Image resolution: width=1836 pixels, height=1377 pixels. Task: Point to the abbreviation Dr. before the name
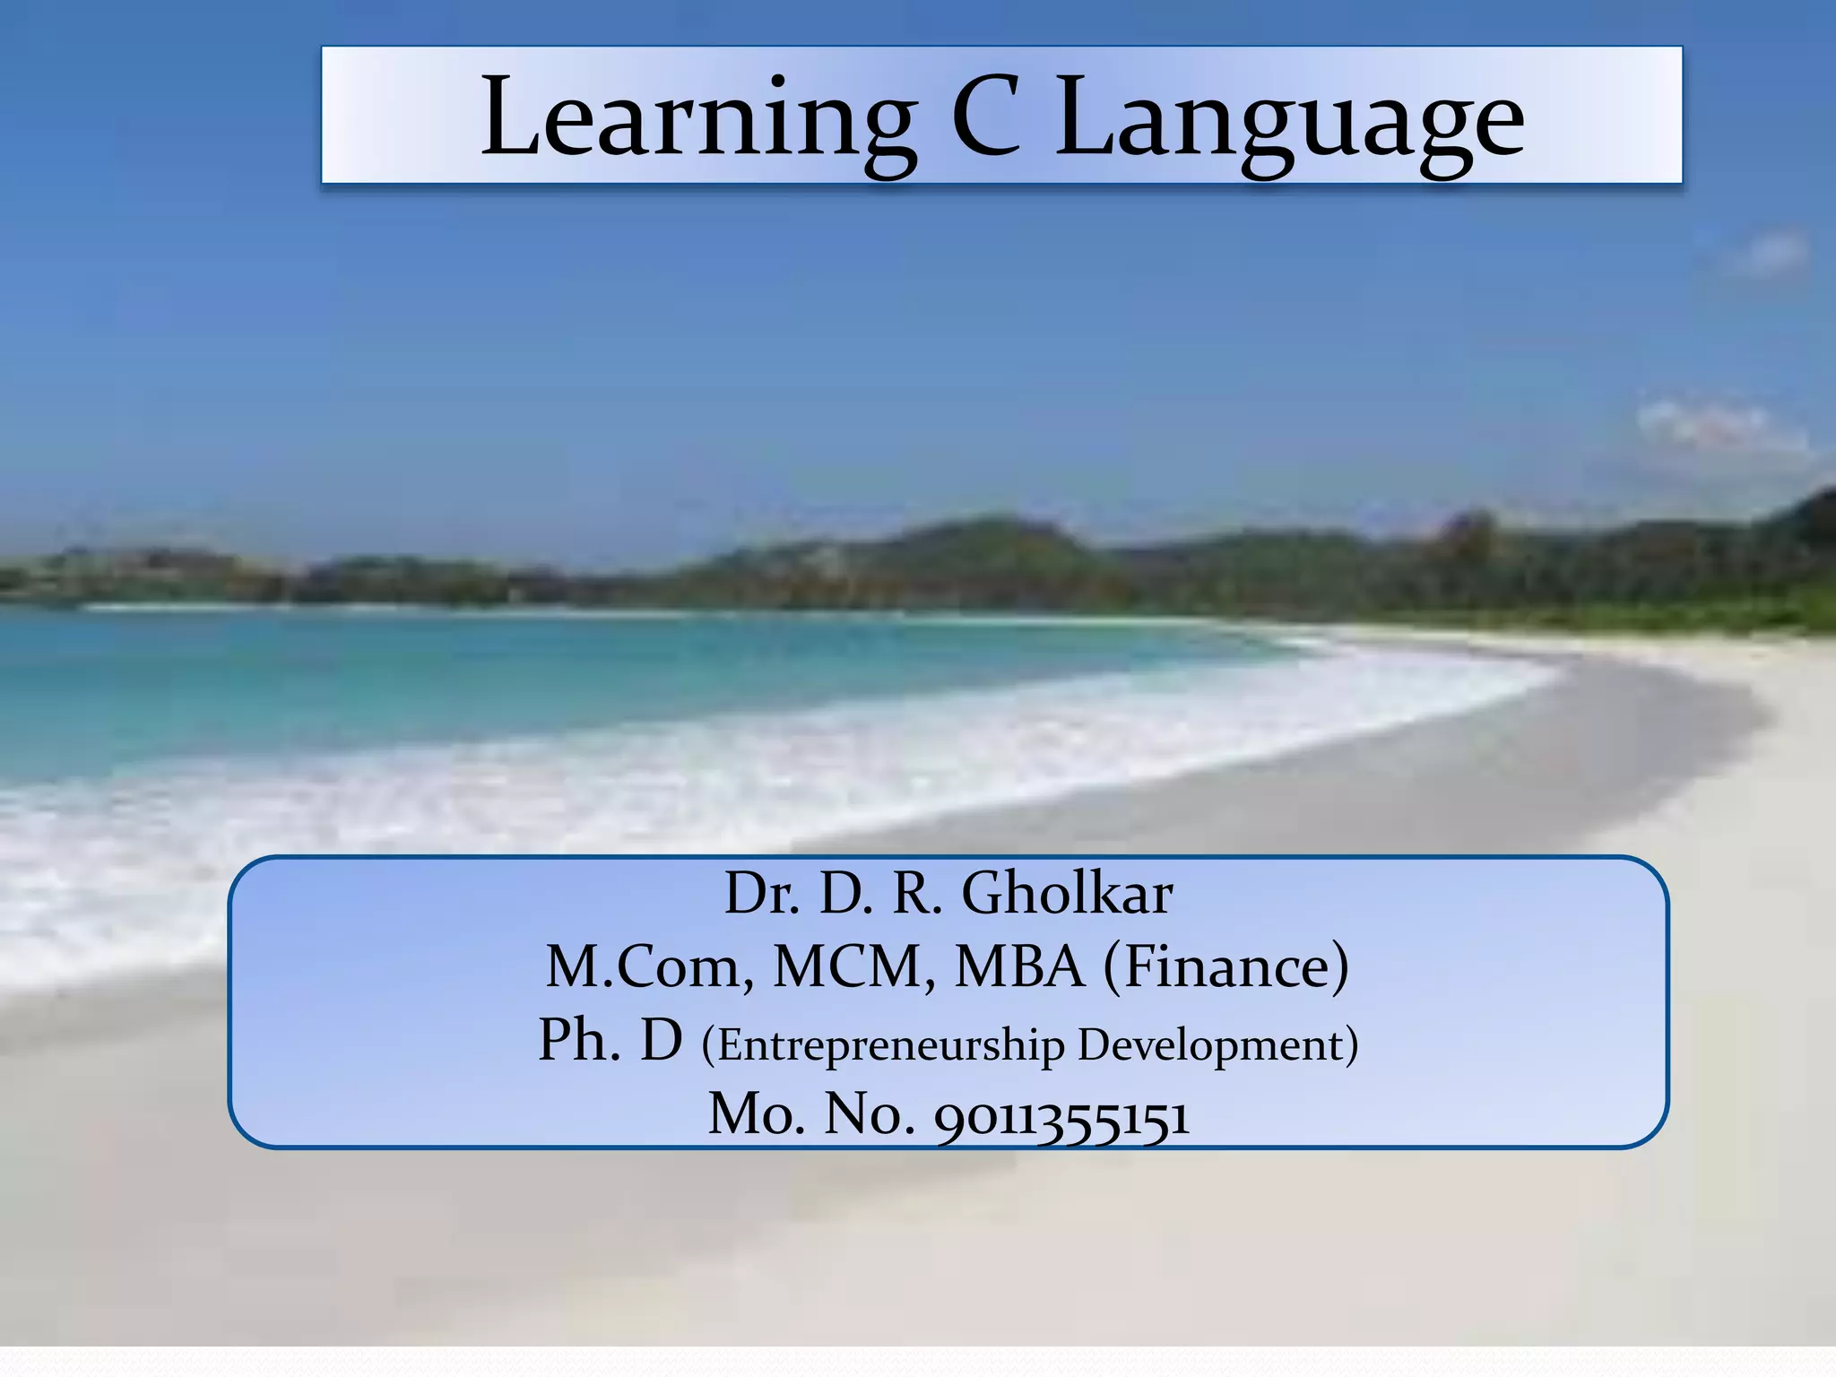[x=761, y=894]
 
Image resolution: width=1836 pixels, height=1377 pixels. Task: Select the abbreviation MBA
[x=1020, y=967]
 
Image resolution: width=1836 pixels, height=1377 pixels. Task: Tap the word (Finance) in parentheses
[x=1225, y=967]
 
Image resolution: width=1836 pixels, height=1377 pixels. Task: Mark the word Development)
[x=1217, y=1045]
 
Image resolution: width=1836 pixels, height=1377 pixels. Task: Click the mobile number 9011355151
[x=1062, y=1116]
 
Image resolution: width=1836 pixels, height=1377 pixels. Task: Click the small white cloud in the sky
[x=1717, y=430]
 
